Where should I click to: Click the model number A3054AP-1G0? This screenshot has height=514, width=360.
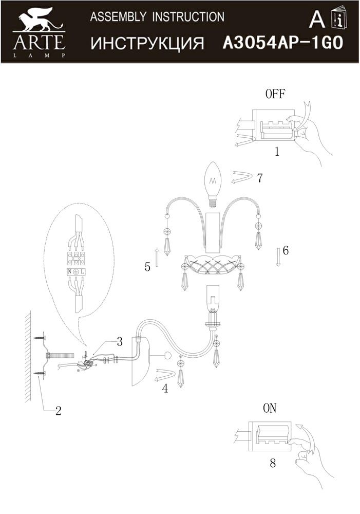click(x=283, y=43)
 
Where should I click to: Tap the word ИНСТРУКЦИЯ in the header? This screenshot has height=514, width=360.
click(x=147, y=44)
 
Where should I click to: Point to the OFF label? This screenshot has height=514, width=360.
click(x=275, y=94)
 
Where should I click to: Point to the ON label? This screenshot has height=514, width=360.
click(x=270, y=408)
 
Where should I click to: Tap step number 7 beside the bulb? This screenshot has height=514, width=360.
click(x=260, y=178)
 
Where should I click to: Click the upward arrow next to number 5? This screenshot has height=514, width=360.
click(x=157, y=258)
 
